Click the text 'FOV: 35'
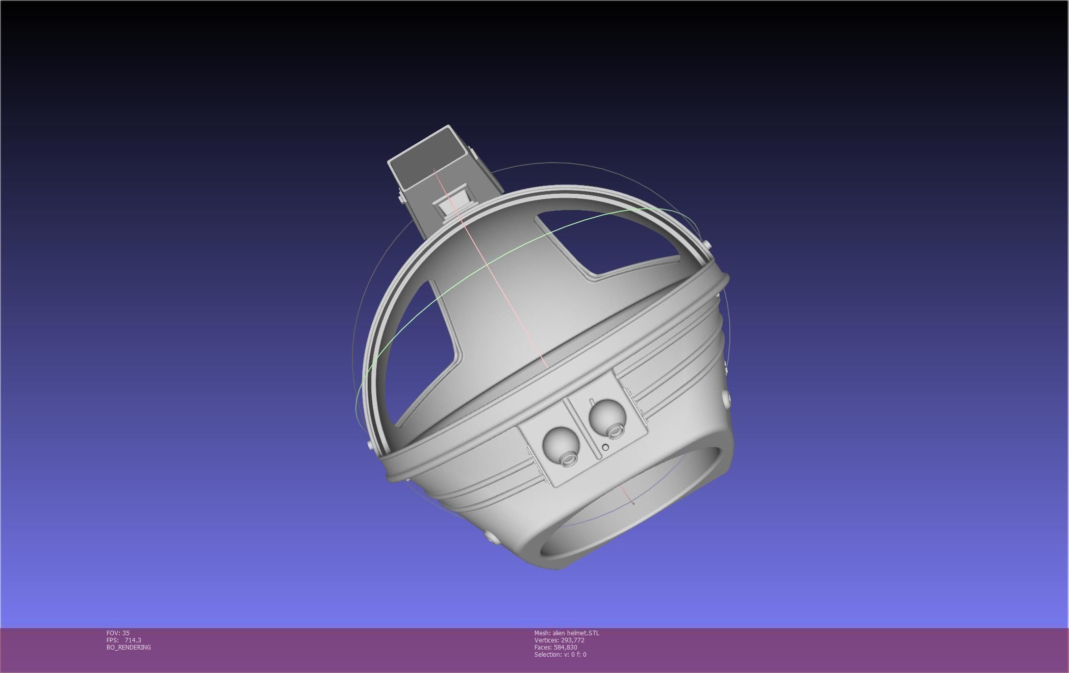point(118,633)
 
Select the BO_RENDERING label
point(129,647)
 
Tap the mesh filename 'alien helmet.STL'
point(576,633)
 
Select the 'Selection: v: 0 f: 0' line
point(560,654)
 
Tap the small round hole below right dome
point(605,447)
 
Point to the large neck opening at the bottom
point(632,505)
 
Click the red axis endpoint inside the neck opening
point(633,503)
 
